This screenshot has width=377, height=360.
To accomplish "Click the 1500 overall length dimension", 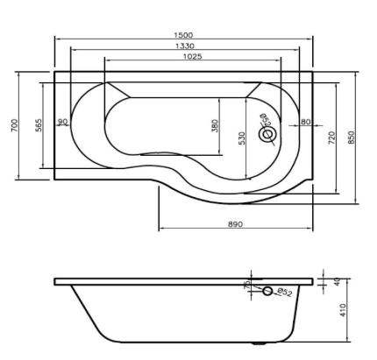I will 184,35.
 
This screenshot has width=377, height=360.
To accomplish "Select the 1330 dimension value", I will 184,46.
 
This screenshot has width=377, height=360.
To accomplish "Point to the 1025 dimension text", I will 192,56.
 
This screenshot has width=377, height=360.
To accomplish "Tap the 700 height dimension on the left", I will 14,126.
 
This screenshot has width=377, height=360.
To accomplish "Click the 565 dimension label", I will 39,126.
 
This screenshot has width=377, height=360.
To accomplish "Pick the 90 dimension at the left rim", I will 63,122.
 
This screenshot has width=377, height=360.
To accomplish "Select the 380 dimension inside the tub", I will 215,127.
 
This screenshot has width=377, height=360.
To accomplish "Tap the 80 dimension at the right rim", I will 305,122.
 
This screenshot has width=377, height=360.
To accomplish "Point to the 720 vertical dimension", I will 331,138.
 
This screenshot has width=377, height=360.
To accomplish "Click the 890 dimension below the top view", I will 235,224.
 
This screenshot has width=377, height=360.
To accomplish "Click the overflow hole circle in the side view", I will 267,291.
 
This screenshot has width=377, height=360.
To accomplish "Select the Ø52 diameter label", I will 285,292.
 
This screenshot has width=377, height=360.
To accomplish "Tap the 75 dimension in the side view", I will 248,286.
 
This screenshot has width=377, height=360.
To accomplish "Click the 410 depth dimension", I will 343,311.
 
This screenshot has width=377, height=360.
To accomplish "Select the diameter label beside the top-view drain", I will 260,120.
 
